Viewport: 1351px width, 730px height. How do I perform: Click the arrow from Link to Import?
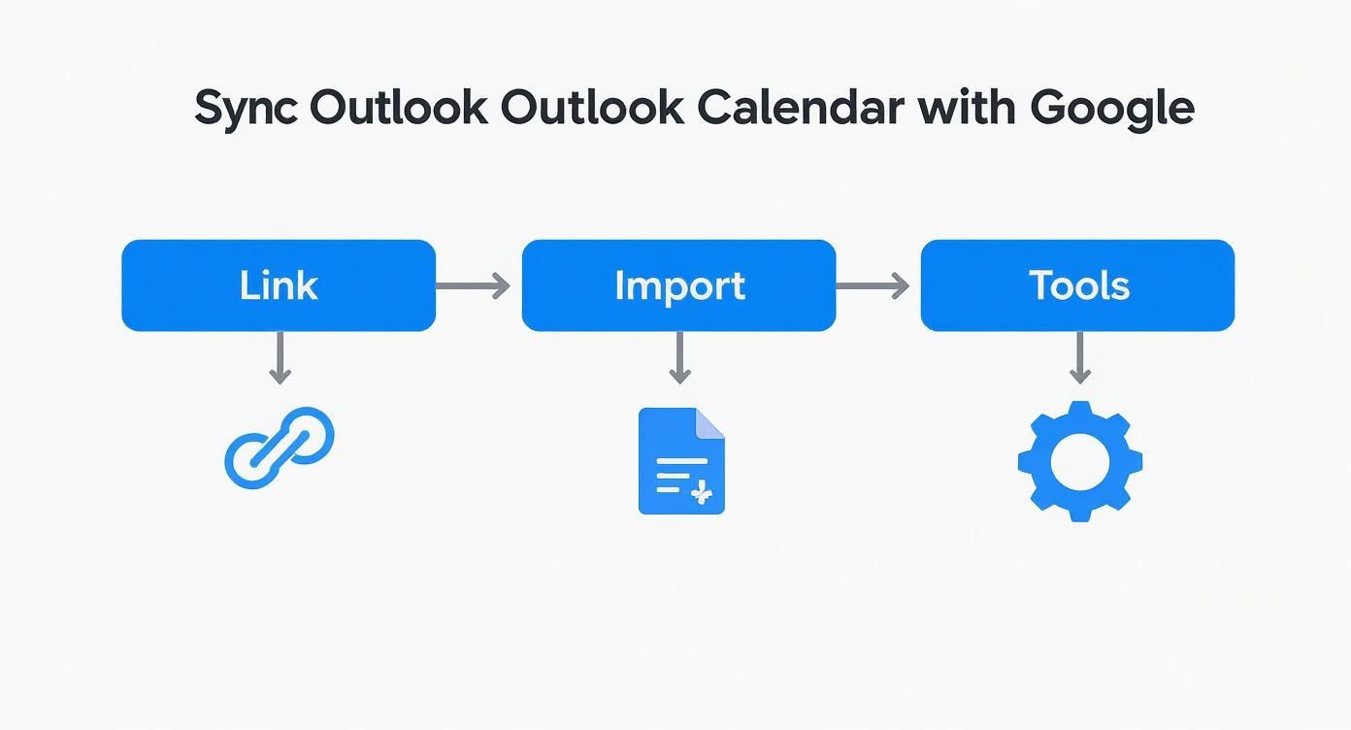(473, 285)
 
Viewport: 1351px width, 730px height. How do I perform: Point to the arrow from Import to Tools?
(872, 285)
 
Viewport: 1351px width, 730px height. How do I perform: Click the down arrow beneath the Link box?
(280, 357)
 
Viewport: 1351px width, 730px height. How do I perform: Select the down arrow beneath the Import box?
(679, 357)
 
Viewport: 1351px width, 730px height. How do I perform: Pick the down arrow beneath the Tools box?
(1079, 357)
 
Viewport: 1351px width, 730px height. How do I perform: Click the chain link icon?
(280, 447)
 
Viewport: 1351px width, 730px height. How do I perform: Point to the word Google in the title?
(1111, 108)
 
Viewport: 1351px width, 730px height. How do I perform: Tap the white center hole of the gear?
(1079, 462)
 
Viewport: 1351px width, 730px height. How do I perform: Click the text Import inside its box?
(679, 285)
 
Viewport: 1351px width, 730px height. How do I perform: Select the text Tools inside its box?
(1079, 285)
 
